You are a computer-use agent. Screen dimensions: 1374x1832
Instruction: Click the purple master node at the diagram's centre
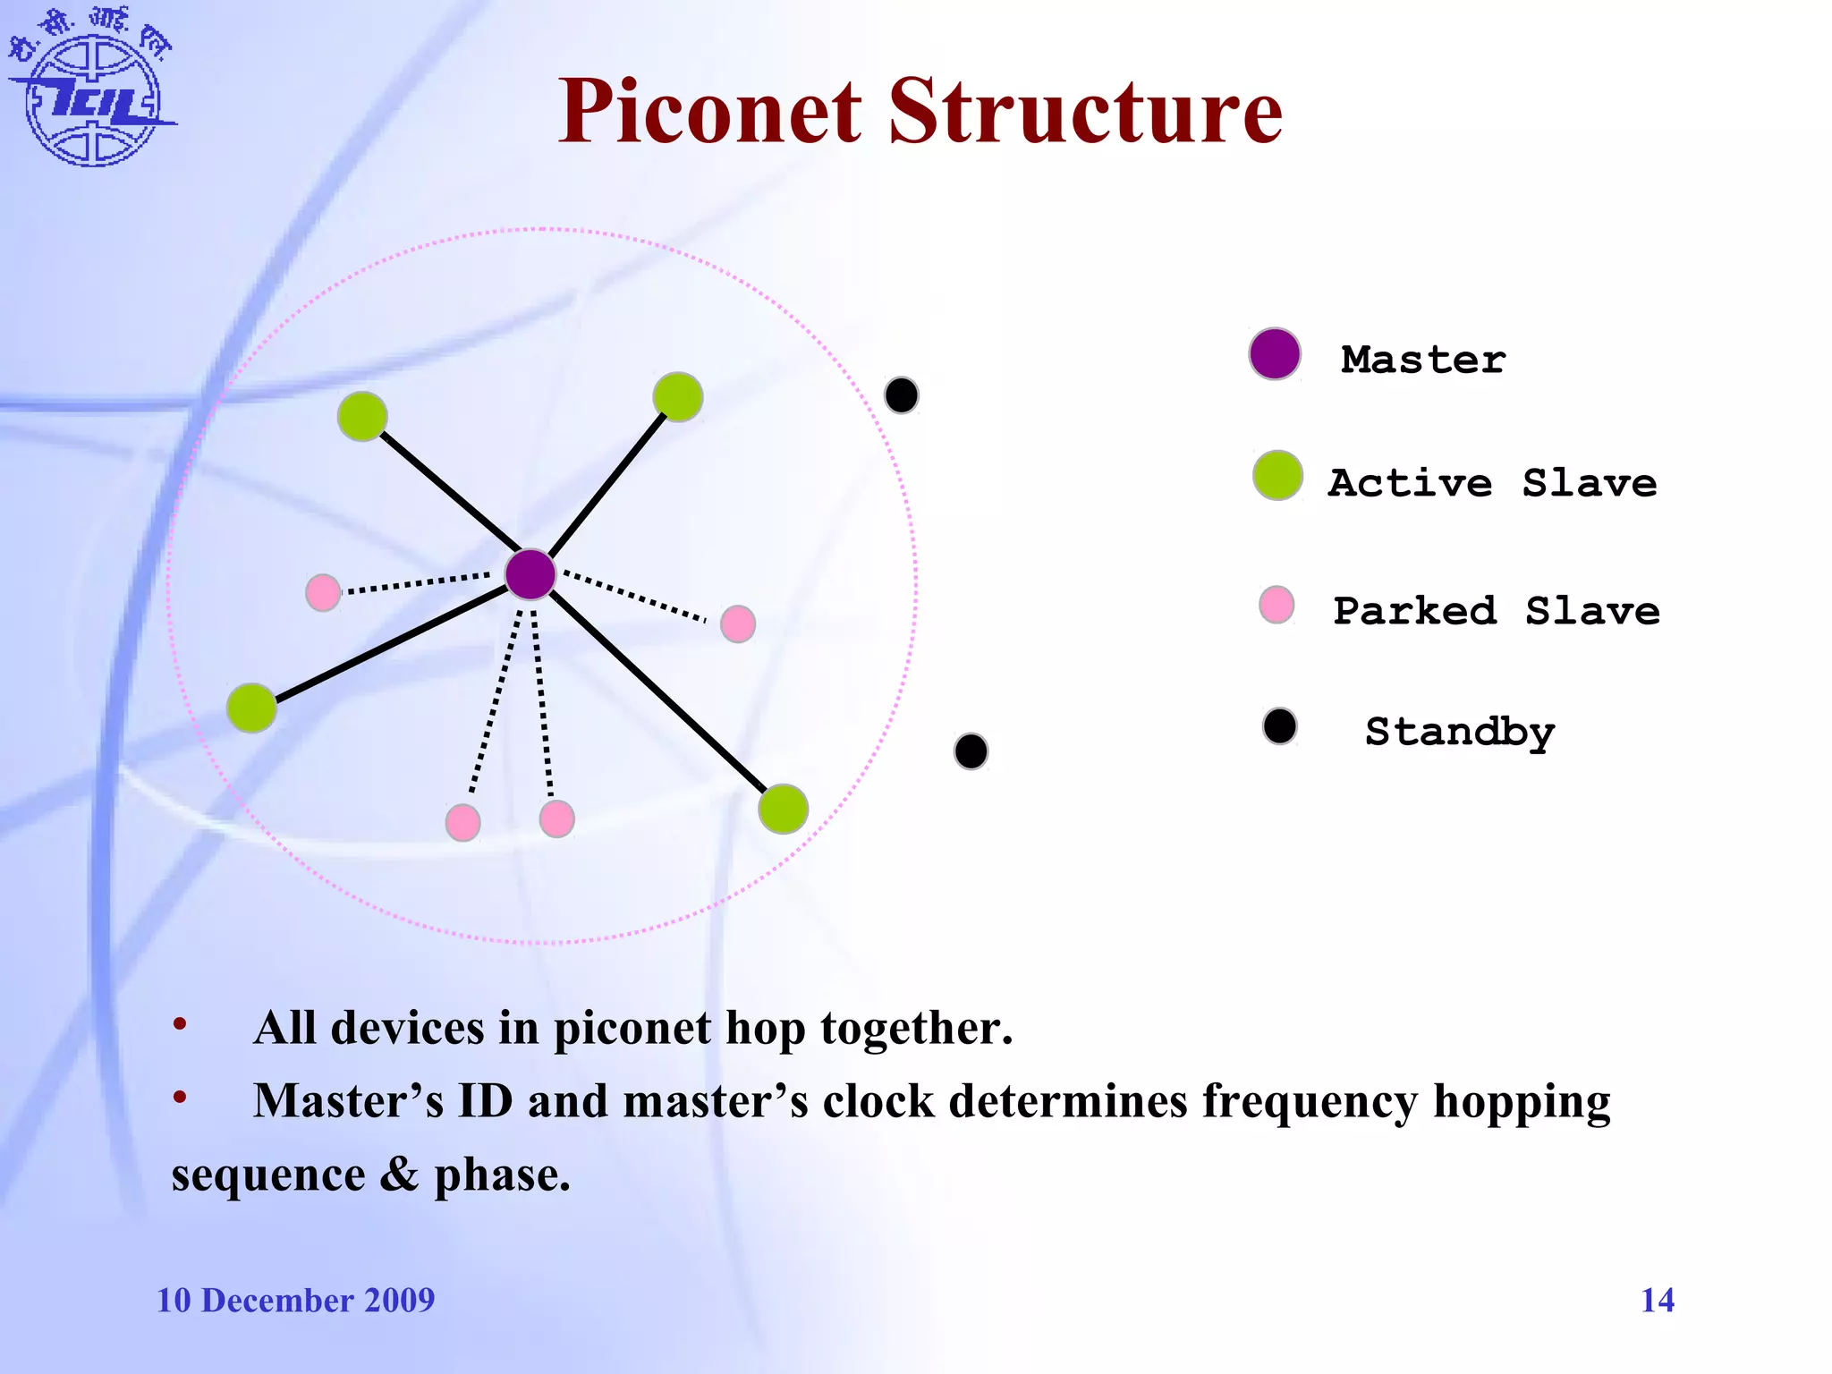(x=530, y=574)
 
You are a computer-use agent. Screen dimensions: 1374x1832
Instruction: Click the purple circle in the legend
(x=1275, y=354)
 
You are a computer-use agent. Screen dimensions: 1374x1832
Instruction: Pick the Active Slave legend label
(x=1492, y=483)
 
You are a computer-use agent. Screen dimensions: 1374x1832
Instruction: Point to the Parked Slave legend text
(x=1496, y=611)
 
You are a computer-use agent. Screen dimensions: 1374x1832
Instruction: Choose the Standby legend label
(x=1459, y=732)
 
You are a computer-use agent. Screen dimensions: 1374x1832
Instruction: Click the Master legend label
(x=1422, y=360)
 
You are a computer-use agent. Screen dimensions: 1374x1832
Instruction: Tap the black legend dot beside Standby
(x=1280, y=726)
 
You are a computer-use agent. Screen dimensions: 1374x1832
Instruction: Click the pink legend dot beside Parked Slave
(x=1276, y=605)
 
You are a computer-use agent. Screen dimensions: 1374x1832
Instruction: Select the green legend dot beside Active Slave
(x=1277, y=476)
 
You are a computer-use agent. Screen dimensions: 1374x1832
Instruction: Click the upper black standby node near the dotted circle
(x=902, y=395)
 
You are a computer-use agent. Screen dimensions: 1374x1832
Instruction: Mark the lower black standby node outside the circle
(x=971, y=751)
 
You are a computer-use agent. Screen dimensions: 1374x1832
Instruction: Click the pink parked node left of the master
(x=323, y=592)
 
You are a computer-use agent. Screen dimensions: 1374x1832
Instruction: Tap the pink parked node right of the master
(x=738, y=623)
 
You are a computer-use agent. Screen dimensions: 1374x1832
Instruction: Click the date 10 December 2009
(x=295, y=1300)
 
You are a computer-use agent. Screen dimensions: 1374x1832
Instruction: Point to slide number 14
(x=1657, y=1300)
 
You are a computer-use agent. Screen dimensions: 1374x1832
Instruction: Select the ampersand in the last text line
(x=399, y=1175)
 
